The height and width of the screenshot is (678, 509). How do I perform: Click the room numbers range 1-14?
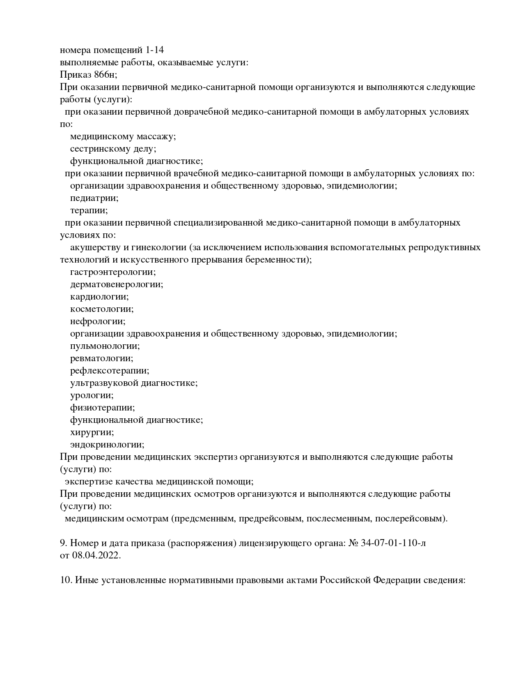coord(154,50)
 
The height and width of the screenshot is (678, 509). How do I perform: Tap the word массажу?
coord(156,136)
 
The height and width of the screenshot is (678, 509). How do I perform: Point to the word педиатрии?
coord(94,198)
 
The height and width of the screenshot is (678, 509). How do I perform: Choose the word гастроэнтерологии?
coord(113,272)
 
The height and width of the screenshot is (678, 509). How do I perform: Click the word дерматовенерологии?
coord(117,284)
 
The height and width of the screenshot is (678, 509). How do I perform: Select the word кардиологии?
coord(99,297)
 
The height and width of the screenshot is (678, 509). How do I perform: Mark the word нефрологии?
coord(98,321)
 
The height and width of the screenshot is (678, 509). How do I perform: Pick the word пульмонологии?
coord(105,346)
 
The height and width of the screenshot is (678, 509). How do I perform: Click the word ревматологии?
coord(101,358)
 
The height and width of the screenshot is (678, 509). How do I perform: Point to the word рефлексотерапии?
coord(110,371)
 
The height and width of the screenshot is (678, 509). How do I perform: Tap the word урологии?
coord(92,395)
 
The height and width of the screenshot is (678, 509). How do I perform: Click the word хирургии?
coord(92,432)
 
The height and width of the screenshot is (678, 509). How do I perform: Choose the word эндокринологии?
coord(107,445)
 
